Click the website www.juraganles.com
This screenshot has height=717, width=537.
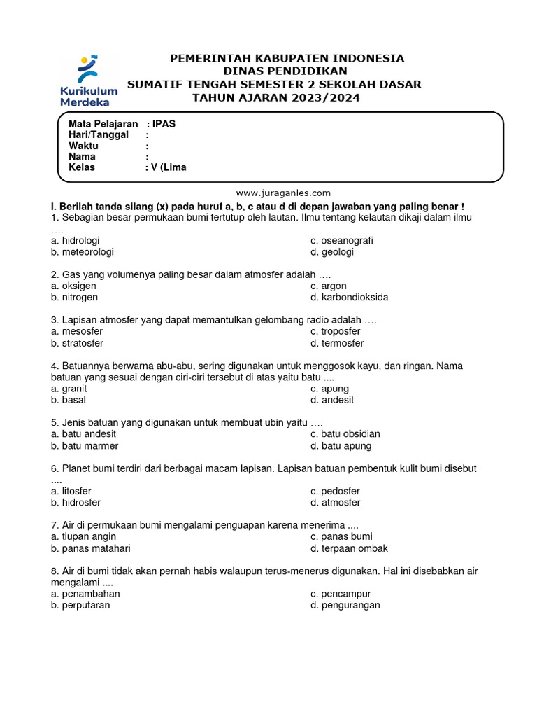pos(282,193)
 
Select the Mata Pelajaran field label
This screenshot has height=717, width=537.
pos(103,124)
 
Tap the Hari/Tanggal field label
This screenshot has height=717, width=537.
pos(99,134)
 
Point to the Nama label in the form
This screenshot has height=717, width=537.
pos(82,157)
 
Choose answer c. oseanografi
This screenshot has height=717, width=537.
pos(342,240)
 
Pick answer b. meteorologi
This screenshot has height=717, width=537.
pos(82,251)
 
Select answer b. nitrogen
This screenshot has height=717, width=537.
pos(74,297)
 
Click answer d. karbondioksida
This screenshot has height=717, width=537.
pos(350,297)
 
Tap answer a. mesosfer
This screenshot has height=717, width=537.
pos(77,331)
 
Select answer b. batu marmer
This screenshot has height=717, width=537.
pos(85,445)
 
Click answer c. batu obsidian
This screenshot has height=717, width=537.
pos(345,434)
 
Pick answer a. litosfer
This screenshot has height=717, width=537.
pos(71,491)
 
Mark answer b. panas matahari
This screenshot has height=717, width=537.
pos(91,548)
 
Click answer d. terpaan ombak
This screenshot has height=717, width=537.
pos(349,548)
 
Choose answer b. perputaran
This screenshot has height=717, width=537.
pos(80,605)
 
